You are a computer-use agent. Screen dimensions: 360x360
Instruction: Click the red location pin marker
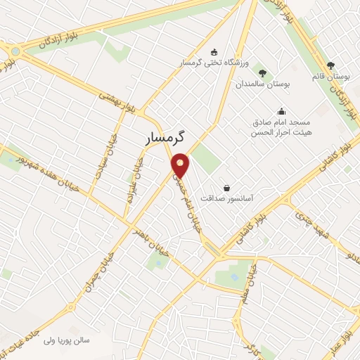[x=181, y=165]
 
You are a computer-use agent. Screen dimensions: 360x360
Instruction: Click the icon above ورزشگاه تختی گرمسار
[x=214, y=51]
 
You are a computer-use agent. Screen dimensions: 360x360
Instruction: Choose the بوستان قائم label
[x=332, y=76]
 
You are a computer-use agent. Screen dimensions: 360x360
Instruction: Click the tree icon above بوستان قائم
[x=331, y=65]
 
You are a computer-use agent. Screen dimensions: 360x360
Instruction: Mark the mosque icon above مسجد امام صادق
[x=281, y=110]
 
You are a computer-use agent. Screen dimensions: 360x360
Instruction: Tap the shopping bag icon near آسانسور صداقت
[x=226, y=188]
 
